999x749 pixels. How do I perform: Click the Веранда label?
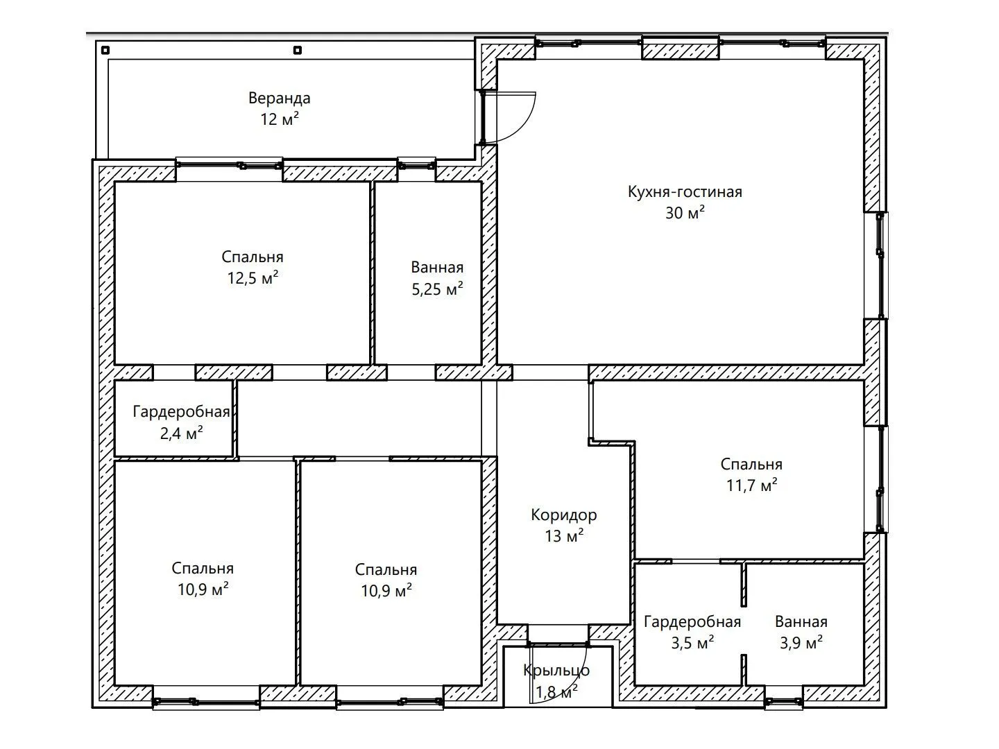(x=280, y=98)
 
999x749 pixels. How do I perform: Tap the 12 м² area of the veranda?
(x=280, y=119)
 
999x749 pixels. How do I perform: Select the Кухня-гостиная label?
(x=685, y=192)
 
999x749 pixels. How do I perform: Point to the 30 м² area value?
(x=685, y=213)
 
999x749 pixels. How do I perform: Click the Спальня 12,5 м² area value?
(x=253, y=278)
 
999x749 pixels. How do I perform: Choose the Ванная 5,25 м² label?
(x=437, y=268)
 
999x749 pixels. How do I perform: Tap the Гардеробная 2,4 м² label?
(x=181, y=412)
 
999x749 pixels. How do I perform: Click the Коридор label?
(x=564, y=515)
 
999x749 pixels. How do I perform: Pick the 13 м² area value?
(x=564, y=536)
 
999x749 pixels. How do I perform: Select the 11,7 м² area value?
(x=751, y=485)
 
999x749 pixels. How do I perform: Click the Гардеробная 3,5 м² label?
(x=692, y=621)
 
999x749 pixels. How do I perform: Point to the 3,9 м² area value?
(x=801, y=643)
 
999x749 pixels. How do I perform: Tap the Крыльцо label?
(x=556, y=671)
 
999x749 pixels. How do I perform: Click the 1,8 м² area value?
(x=556, y=692)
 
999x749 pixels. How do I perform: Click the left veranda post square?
(x=105, y=50)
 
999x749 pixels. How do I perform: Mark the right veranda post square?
(x=298, y=50)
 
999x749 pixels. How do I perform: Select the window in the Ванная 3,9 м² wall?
(x=783, y=703)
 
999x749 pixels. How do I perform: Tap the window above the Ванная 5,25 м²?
(x=417, y=164)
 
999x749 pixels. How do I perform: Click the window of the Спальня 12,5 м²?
(x=230, y=164)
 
